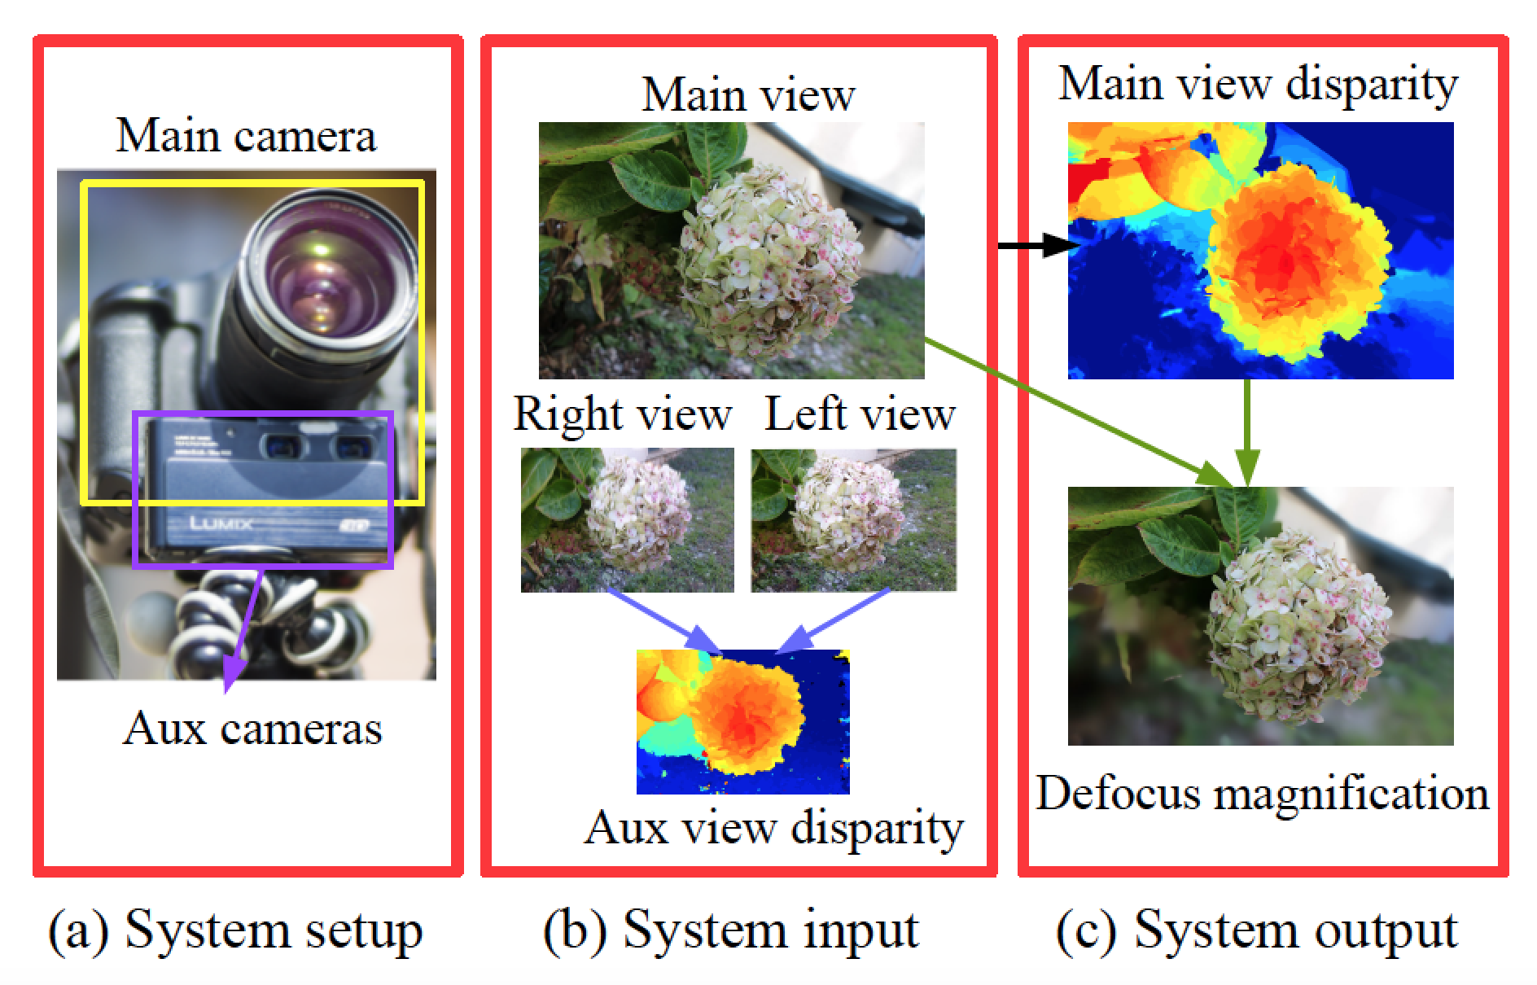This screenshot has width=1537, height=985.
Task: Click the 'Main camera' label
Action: coord(247,135)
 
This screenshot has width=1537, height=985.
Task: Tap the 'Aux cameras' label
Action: coord(252,728)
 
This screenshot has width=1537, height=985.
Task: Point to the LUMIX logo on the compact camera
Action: coord(221,522)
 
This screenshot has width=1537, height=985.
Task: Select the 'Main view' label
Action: coord(748,94)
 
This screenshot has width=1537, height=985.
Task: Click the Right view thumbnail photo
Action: coord(627,519)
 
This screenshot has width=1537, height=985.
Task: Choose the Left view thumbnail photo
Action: coord(853,519)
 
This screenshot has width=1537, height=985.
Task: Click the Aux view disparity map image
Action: coord(742,721)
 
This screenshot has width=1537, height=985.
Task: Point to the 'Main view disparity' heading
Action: coord(1258,85)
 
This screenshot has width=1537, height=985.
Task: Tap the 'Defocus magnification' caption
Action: coord(1262,793)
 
